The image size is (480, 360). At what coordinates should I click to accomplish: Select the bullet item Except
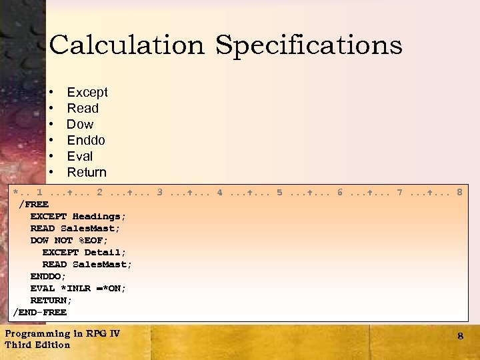(x=87, y=92)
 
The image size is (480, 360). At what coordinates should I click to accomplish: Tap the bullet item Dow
(x=80, y=124)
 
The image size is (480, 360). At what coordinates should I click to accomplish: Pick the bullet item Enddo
(x=86, y=140)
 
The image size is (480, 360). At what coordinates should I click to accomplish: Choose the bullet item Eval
(x=80, y=156)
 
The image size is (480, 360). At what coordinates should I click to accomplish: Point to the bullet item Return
(x=87, y=172)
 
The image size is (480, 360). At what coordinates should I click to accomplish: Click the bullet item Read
(x=83, y=108)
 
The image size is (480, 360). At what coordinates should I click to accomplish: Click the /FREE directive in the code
(x=34, y=205)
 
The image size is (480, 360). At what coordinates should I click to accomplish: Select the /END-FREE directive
(x=40, y=312)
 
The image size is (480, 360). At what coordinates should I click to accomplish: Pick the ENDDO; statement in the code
(x=48, y=276)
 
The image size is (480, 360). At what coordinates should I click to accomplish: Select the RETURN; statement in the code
(x=51, y=300)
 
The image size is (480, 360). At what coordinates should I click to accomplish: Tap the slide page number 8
(x=460, y=336)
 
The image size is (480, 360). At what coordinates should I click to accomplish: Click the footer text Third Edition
(x=37, y=345)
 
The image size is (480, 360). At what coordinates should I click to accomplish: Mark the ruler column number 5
(x=280, y=193)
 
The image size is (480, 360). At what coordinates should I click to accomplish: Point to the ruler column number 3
(x=160, y=193)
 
